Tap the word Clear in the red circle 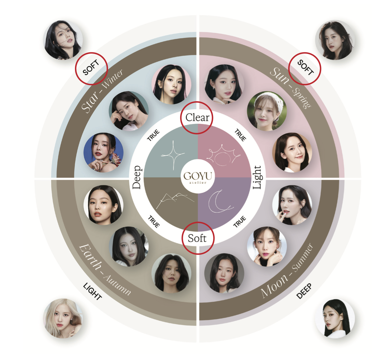pyautogui.click(x=197, y=118)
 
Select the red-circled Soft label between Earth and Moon pyautogui.click(x=197, y=239)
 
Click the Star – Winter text pyautogui.click(x=101, y=90)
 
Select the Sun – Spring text pyautogui.click(x=291, y=88)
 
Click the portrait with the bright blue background pyautogui.click(x=103, y=153)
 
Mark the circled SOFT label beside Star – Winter pyautogui.click(x=91, y=68)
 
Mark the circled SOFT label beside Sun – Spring pyautogui.click(x=305, y=68)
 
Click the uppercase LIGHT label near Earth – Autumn pyautogui.click(x=92, y=291)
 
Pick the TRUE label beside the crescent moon pyautogui.click(x=239, y=221)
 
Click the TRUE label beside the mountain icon pyautogui.click(x=154, y=221)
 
